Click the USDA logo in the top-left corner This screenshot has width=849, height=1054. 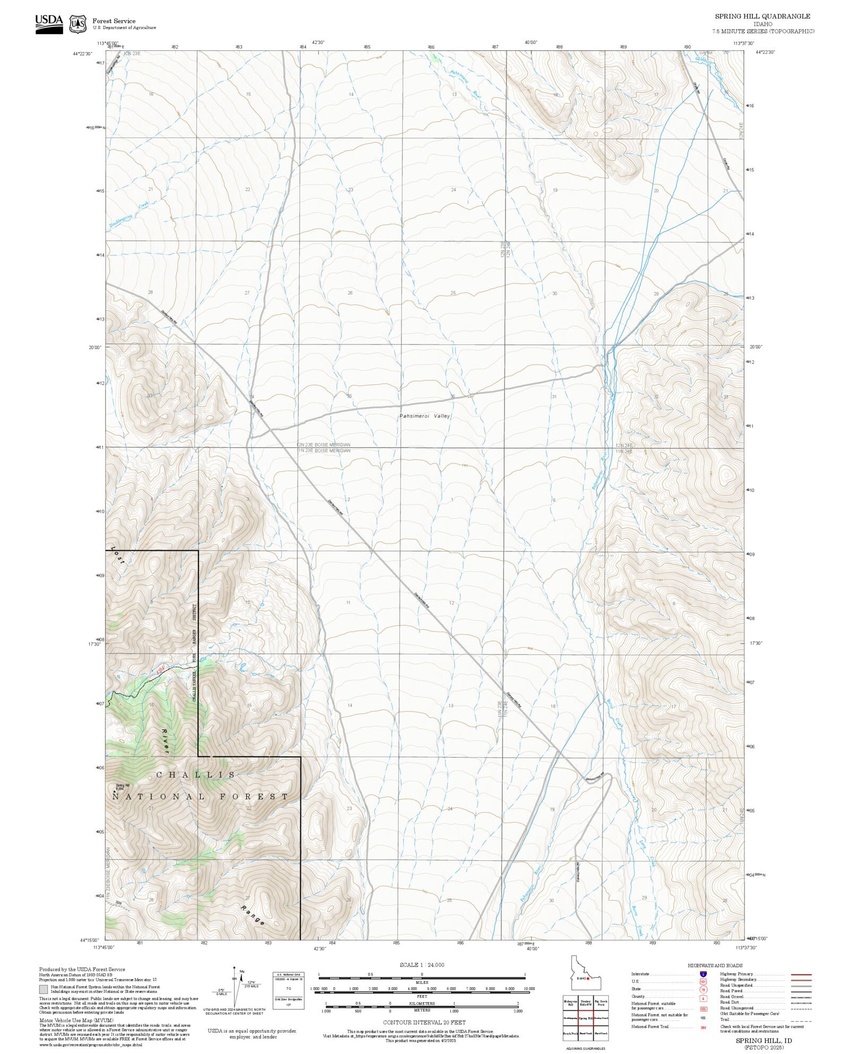pos(49,24)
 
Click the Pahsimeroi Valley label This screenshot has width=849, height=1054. pos(424,416)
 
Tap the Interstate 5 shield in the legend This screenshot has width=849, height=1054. pos(704,974)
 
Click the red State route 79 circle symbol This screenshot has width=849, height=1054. pos(704,989)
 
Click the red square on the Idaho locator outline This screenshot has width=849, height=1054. pos(588,979)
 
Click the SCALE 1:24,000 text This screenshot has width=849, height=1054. pos(422,965)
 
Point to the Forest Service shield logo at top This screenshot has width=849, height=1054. pos(78,24)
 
